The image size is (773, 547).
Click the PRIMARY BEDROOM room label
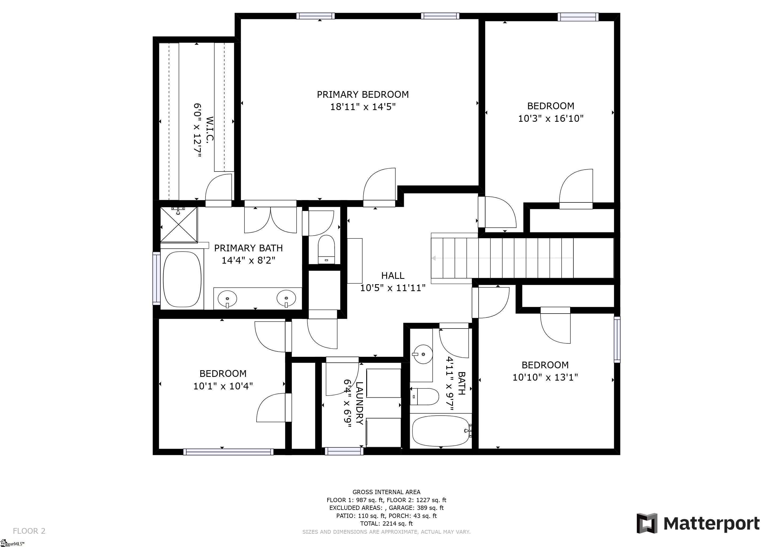(x=362, y=94)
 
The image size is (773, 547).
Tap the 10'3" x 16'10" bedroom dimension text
(x=550, y=119)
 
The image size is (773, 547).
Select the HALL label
(x=393, y=276)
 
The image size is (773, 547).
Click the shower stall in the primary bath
(x=179, y=225)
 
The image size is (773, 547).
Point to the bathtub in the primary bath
(x=182, y=279)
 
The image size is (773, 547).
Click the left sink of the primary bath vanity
(x=227, y=298)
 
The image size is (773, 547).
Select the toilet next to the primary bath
(x=326, y=249)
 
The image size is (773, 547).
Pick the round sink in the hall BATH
(x=423, y=354)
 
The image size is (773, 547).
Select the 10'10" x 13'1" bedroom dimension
(x=545, y=377)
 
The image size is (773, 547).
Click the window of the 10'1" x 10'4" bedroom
(x=228, y=452)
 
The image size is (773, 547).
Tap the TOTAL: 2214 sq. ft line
(x=386, y=523)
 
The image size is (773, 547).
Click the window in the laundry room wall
(x=344, y=451)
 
